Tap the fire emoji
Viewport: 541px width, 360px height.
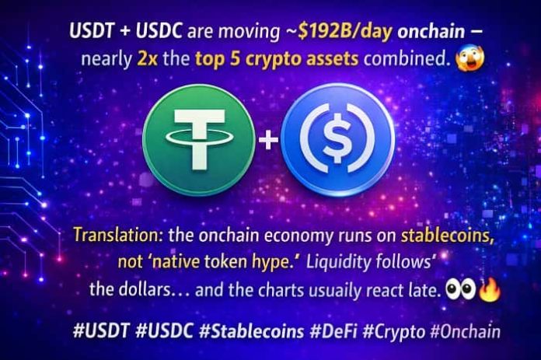pos(490,291)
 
